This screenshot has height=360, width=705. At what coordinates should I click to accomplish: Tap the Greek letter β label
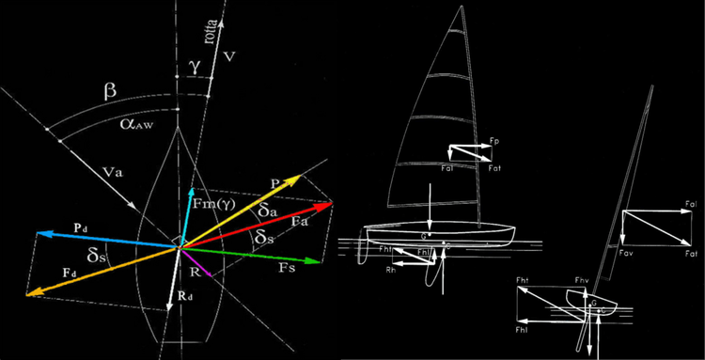(x=110, y=91)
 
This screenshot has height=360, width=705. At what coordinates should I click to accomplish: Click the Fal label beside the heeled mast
(x=691, y=204)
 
